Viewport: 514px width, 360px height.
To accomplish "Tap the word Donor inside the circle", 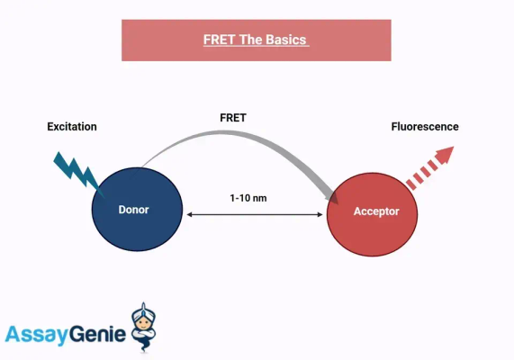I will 134,210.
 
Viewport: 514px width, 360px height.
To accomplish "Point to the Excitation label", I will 72,127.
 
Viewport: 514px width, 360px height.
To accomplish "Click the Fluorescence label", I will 424,127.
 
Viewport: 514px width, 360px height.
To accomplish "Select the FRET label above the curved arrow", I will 234,118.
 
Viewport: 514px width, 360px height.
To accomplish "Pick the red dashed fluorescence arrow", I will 428,168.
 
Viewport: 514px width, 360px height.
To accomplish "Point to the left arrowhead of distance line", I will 188,214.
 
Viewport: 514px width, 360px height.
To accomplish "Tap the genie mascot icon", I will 144,327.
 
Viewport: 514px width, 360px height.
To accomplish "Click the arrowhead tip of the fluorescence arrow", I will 447,150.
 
